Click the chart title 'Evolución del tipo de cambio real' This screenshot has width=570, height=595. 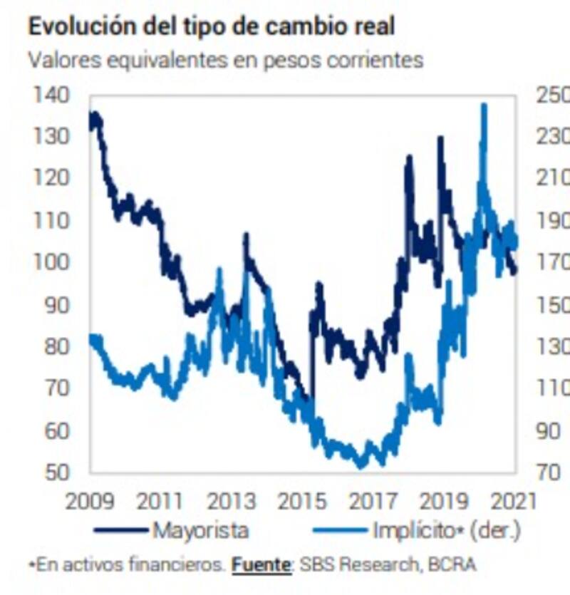211,26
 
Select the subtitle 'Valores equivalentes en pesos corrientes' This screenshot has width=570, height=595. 225,60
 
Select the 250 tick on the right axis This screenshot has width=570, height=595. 552,95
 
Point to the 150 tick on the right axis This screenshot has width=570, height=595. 552,305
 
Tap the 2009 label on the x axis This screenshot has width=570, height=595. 90,500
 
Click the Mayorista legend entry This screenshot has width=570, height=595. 200,531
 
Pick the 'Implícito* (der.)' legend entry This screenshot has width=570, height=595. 446,531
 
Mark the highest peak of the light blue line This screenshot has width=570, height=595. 484,105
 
